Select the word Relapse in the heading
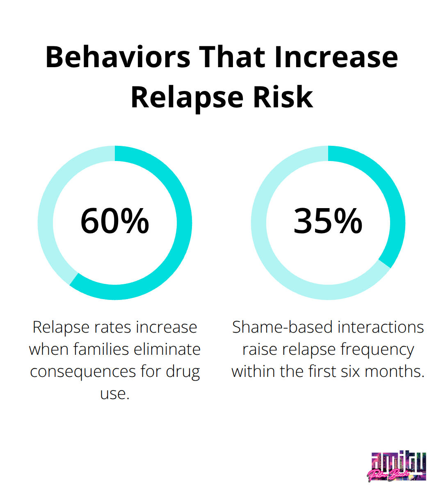tap(187, 98)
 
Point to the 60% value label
tap(115, 221)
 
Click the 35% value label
tap(328, 221)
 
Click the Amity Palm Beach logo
tap(397, 466)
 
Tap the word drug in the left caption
tap(183, 372)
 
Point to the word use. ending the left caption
tap(115, 394)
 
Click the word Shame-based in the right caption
tap(282, 327)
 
